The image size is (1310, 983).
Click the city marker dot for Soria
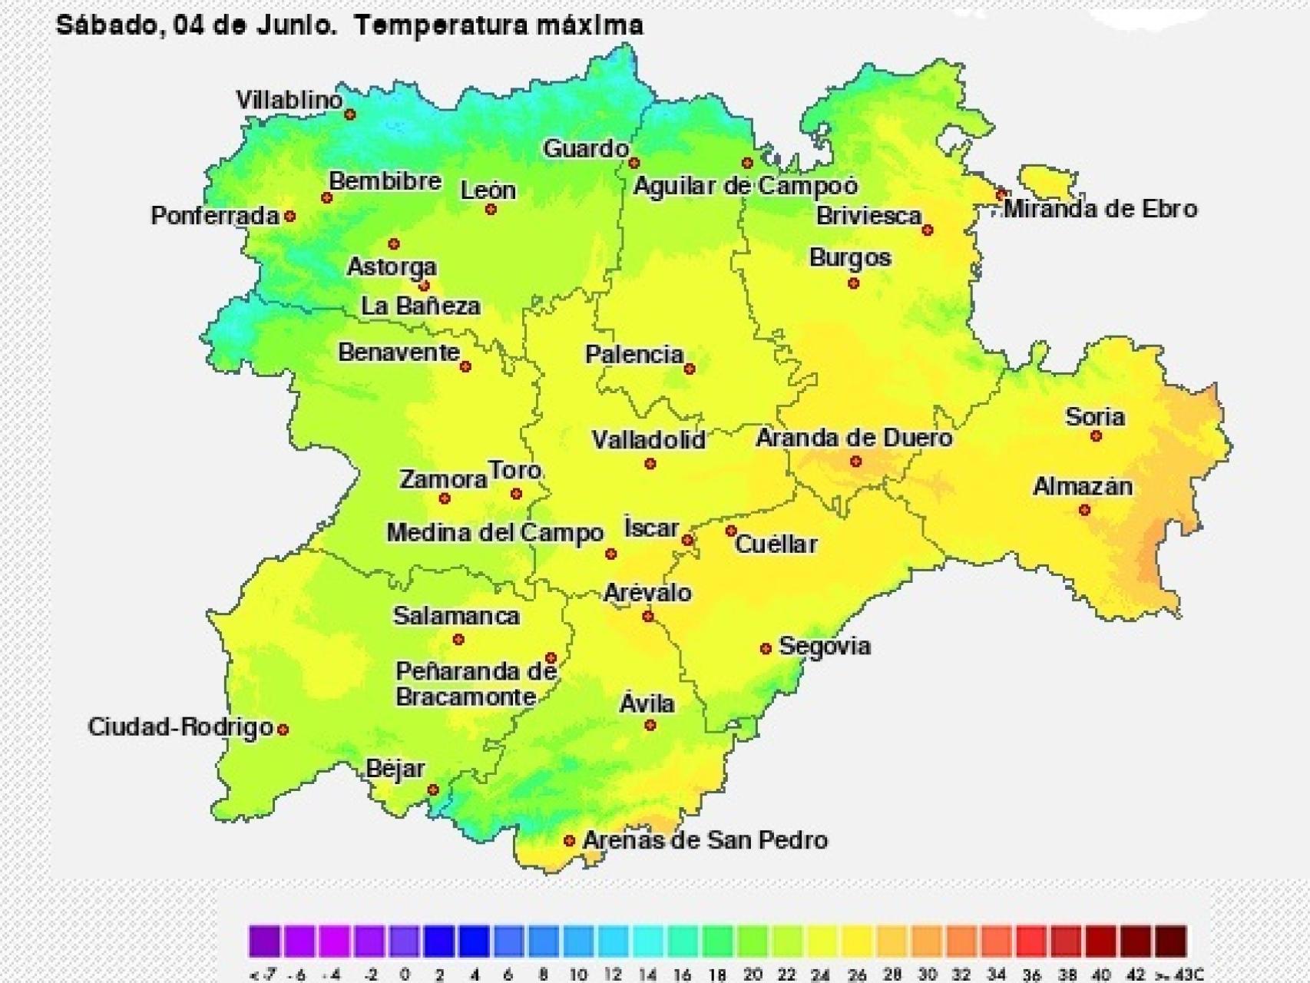coord(1096,436)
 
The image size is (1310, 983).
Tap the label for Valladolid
coord(648,440)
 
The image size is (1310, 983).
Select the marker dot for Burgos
coord(853,283)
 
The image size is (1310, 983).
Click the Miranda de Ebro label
coord(1100,209)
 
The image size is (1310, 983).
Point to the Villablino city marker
coord(350,114)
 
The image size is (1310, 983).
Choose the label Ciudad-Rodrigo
coord(180,726)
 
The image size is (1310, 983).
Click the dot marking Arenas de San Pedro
coord(569,841)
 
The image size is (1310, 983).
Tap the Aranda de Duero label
coord(854,439)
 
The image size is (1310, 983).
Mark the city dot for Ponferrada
coord(290,217)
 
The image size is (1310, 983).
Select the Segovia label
coord(825,646)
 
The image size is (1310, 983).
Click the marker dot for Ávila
coord(650,725)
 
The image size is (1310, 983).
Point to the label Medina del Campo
coord(495,533)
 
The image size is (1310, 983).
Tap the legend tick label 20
coord(752,975)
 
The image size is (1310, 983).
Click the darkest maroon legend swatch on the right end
coord(1171,941)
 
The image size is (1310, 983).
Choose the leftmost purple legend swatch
coord(264,941)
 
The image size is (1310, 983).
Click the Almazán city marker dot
coord(1084,510)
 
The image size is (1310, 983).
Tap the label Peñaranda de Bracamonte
coord(475,683)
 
